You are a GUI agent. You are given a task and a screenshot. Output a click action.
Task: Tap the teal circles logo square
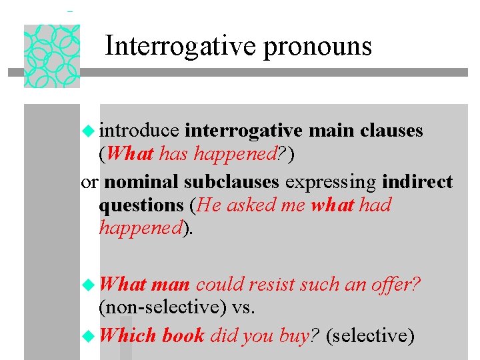pos(52,56)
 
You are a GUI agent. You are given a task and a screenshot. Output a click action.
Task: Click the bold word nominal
pos(141,182)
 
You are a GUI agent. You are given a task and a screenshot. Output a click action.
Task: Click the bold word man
pos(171,285)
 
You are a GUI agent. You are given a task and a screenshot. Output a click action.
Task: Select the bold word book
pos(183,335)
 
